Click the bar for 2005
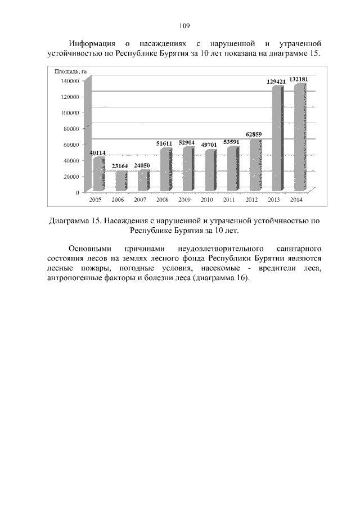click(x=98, y=174)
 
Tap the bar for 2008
click(x=165, y=169)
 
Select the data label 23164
click(x=120, y=166)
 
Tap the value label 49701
click(x=209, y=145)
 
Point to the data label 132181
click(x=299, y=79)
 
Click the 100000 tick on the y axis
click(x=71, y=112)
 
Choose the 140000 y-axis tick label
click(x=71, y=81)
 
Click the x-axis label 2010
click(x=208, y=200)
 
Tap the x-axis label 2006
click(x=118, y=200)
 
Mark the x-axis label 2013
click(x=274, y=200)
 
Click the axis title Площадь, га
click(x=70, y=71)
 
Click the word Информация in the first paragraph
click(x=92, y=43)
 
